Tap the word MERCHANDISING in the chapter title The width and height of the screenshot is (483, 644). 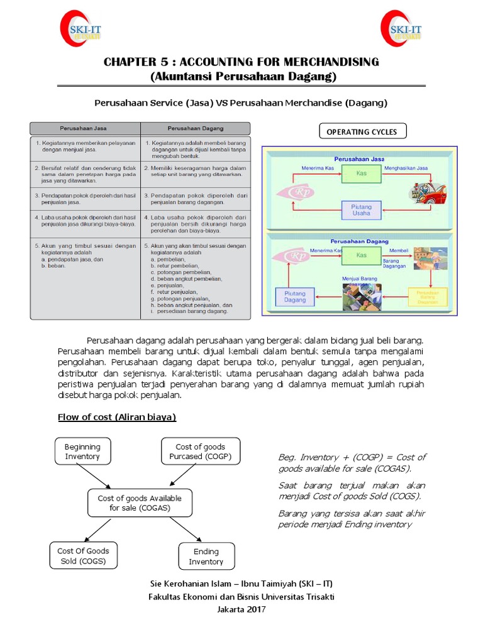(326, 62)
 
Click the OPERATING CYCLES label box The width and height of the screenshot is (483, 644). (362, 131)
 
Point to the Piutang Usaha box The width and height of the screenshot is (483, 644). (361, 210)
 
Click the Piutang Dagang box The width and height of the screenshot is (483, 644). (294, 297)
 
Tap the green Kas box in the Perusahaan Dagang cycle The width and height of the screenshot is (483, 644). (361, 256)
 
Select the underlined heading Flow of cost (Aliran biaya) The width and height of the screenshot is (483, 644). (117, 417)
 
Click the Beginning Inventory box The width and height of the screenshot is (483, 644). (82, 452)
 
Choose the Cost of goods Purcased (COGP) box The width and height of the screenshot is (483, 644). (200, 452)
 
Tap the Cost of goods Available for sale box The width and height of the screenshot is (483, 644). (140, 502)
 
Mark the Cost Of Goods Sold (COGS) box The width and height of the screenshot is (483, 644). (83, 556)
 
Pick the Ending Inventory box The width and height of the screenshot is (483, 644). (206, 557)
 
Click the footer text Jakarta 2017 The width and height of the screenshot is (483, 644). (241, 609)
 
